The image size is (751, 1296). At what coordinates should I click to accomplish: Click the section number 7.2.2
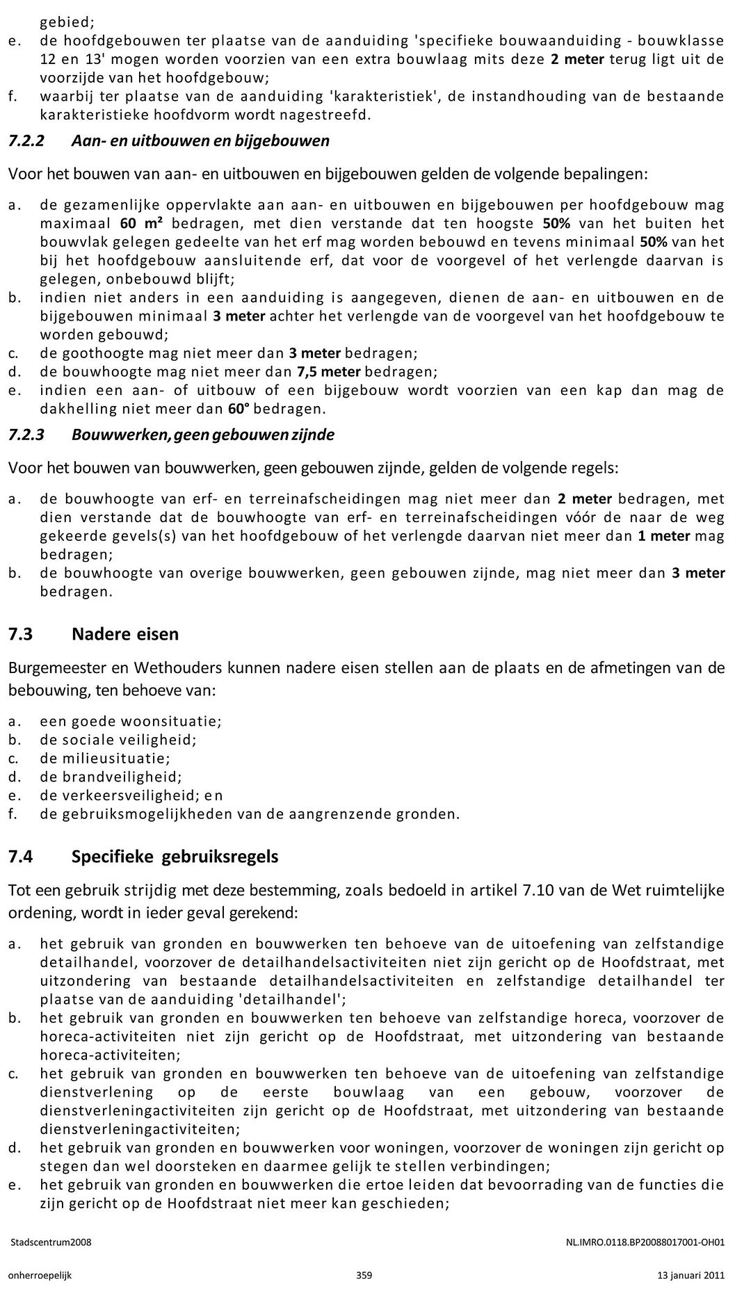pos(26,141)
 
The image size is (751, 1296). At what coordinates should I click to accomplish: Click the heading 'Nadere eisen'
pos(124,634)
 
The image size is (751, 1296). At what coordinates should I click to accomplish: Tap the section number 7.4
pos(20,857)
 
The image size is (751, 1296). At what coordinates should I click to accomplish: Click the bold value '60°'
pos(239,409)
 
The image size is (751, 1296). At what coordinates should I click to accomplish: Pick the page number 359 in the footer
pos(364,1275)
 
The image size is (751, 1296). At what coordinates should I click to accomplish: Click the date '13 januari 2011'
pos(691,1275)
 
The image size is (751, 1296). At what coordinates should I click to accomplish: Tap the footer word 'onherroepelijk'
pos(40,1275)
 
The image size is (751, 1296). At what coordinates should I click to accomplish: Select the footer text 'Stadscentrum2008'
pos(50,1242)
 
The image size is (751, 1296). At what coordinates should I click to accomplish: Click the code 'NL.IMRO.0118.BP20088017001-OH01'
pos(646,1242)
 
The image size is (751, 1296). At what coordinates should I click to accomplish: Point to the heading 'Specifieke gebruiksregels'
pos(175,857)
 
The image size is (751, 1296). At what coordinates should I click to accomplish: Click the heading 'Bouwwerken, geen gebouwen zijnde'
pos(202,435)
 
